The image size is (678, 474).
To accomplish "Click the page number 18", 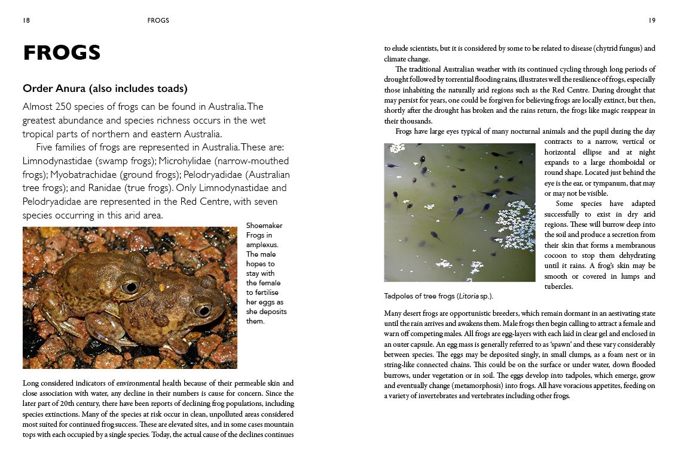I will coord(26,20).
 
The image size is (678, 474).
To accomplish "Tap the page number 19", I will coord(652,20).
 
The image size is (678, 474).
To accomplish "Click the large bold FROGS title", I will coord(62,53).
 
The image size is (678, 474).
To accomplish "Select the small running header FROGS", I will coord(158,20).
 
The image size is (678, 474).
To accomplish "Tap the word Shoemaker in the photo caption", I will coord(264,226).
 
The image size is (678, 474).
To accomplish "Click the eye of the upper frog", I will coord(129,287).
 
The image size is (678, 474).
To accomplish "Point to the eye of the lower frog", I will coord(203,310).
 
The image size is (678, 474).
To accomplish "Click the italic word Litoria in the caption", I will coord(468,296).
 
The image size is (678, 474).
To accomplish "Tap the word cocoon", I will coord(560,255).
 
